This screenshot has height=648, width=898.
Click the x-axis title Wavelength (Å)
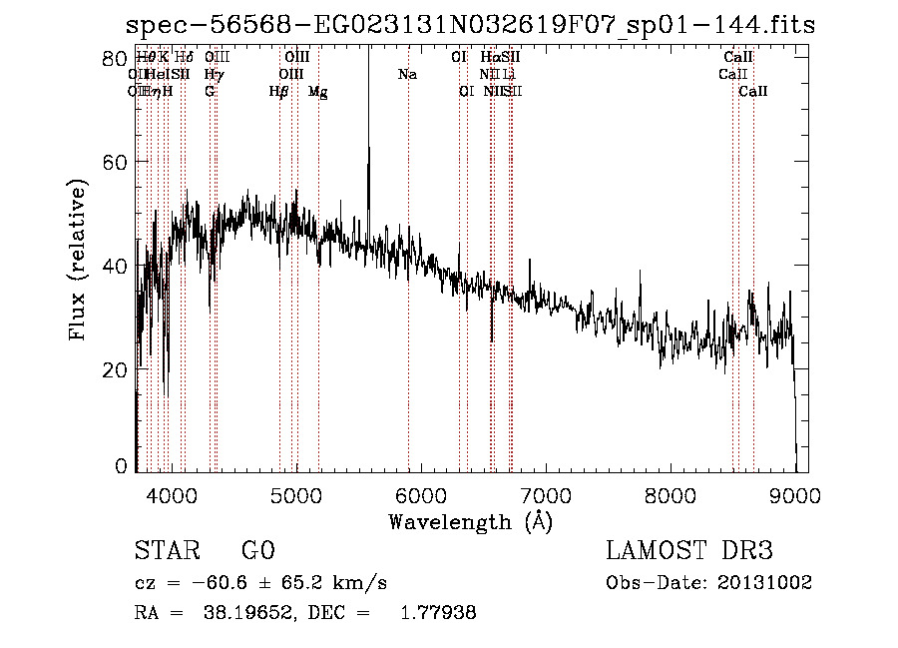(470, 521)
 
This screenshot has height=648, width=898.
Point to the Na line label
(407, 74)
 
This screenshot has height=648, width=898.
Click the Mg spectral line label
(317, 91)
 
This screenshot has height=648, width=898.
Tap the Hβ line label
(278, 91)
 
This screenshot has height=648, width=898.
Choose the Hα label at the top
(489, 57)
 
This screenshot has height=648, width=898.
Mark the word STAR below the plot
(166, 551)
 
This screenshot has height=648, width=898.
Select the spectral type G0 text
(257, 551)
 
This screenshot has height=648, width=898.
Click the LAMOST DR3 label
(689, 551)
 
